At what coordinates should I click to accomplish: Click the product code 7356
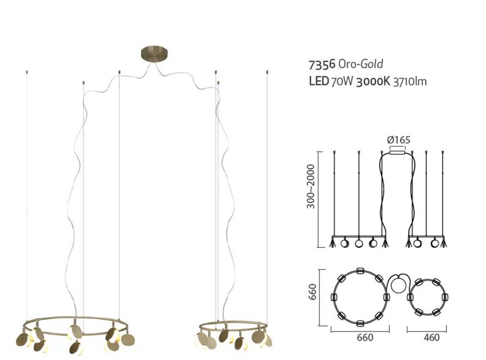pyautogui.click(x=322, y=64)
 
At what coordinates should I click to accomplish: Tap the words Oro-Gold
pyautogui.click(x=361, y=64)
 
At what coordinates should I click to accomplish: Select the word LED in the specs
pyautogui.click(x=318, y=81)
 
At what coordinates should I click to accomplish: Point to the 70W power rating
pyautogui.click(x=342, y=81)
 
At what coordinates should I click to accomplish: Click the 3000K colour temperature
pyautogui.click(x=373, y=81)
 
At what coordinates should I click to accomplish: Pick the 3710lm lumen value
pyautogui.click(x=410, y=81)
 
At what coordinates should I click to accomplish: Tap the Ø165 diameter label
pyautogui.click(x=399, y=140)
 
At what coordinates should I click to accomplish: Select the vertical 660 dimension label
pyautogui.click(x=312, y=292)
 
